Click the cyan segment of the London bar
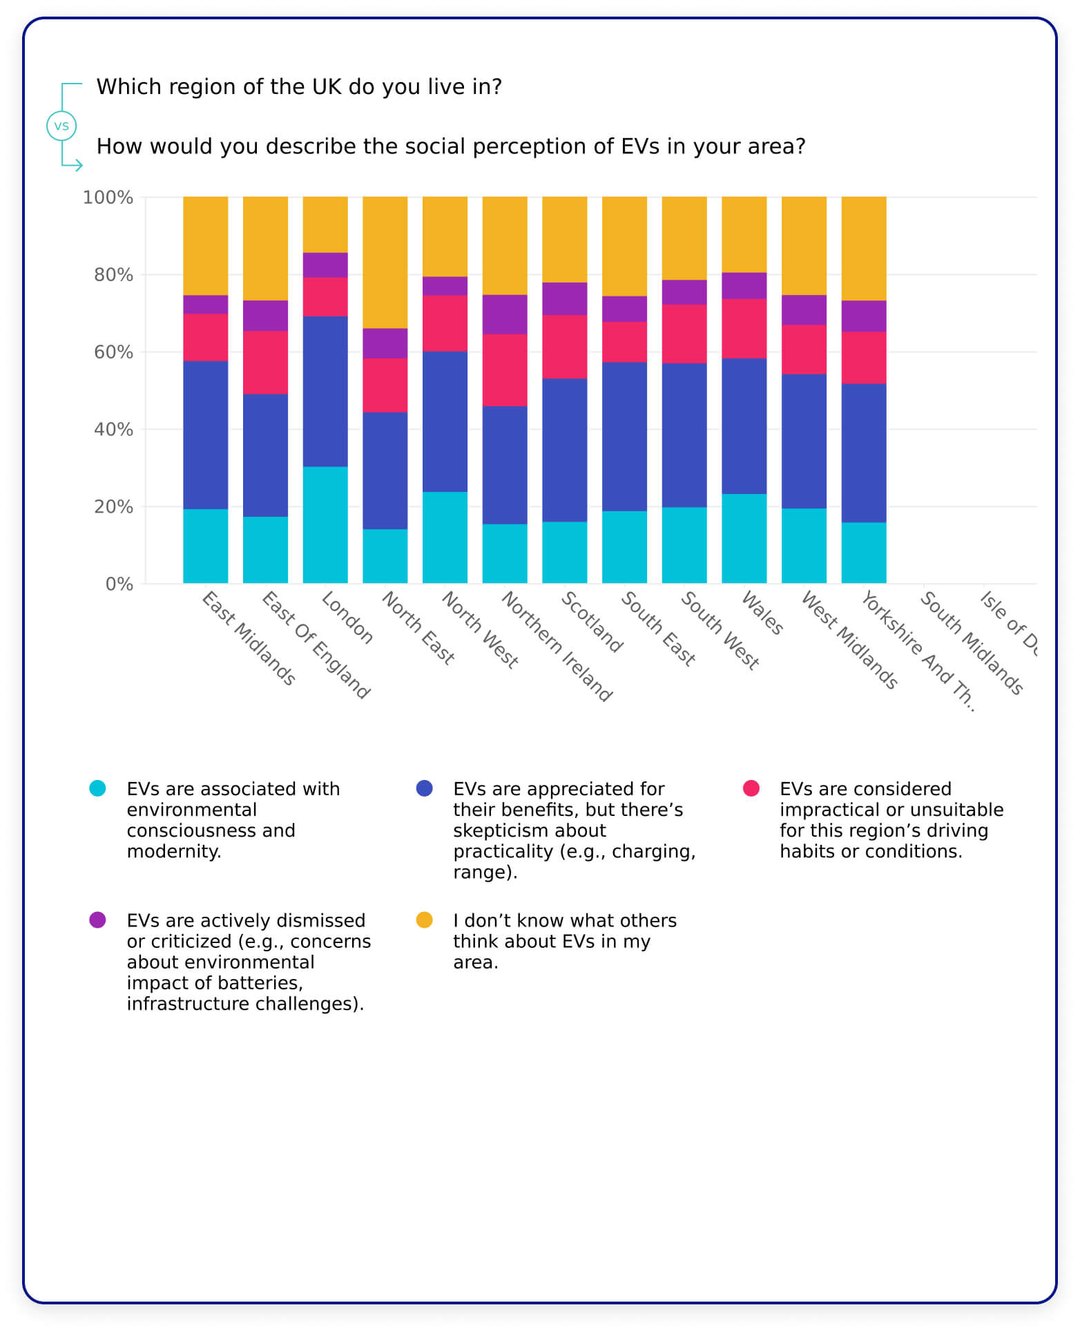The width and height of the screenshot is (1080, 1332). tap(325, 524)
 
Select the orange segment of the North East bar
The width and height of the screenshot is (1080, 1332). tap(385, 262)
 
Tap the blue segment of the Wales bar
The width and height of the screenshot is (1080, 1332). tap(744, 426)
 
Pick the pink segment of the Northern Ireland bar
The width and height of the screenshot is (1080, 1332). tap(504, 370)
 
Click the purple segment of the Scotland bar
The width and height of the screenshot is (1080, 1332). tap(564, 298)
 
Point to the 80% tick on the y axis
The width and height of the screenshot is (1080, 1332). tap(113, 275)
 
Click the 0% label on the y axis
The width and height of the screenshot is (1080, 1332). tap(119, 584)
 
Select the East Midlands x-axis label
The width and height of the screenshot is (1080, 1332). tap(249, 638)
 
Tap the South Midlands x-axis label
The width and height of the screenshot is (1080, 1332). tap(971, 643)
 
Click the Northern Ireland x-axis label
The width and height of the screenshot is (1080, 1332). tap(557, 647)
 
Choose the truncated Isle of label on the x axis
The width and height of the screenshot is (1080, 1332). tap(1009, 622)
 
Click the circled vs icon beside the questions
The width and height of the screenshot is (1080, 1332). tap(61, 126)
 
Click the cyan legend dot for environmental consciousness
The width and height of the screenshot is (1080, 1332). tap(97, 788)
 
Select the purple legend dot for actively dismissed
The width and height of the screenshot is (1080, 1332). tap(97, 920)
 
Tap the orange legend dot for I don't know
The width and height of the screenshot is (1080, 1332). tap(424, 920)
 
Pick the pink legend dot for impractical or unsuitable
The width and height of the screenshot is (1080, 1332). tap(751, 788)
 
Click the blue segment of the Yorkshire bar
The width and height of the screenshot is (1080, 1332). tap(863, 453)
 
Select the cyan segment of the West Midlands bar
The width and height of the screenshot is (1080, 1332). tap(804, 546)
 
